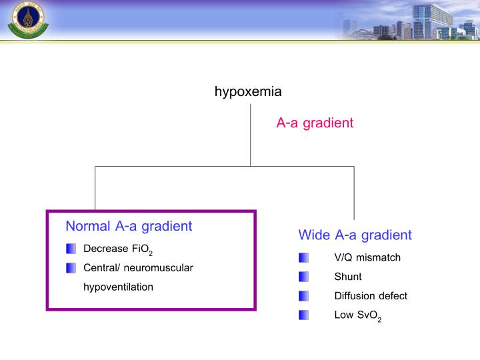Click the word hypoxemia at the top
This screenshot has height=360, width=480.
tap(247, 92)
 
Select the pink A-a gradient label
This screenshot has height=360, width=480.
tap(315, 123)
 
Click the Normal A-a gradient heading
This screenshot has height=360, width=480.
tap(129, 226)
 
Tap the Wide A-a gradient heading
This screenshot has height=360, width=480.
tap(355, 235)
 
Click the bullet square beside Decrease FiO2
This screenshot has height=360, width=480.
tap(71, 249)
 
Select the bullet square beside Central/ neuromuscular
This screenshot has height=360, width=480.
tap(71, 268)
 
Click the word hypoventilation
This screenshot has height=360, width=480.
tap(118, 287)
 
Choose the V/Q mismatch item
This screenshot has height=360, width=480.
tap(367, 257)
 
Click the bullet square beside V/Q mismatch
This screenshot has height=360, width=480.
tap(304, 257)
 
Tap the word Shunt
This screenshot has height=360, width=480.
tap(348, 277)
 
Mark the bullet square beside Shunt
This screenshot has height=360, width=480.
tap(304, 277)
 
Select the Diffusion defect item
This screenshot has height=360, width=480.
tap(371, 296)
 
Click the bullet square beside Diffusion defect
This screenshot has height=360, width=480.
tap(304, 296)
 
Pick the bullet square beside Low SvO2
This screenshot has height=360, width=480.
tap(304, 315)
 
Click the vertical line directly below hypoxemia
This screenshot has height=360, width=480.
tap(251, 133)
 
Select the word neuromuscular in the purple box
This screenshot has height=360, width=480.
tap(162, 268)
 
